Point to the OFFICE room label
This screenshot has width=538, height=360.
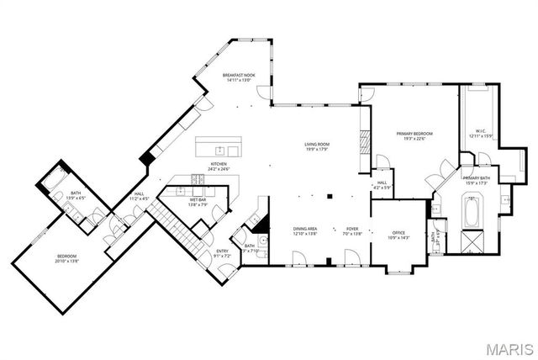click(399, 236)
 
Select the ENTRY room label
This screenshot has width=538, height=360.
click(223, 252)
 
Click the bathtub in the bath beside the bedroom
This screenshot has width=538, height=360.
click(57, 178)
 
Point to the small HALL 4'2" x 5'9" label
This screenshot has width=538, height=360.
click(382, 184)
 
